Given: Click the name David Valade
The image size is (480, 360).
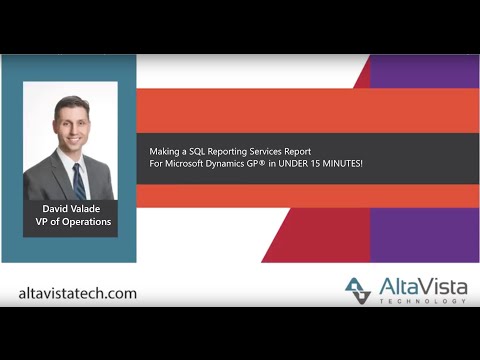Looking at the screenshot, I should coord(71,209).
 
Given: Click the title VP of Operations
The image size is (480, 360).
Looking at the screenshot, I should coord(71,222).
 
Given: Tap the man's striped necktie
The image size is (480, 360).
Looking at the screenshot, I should coord(79,181).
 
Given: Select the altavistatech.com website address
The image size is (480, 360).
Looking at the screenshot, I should coord(78,294).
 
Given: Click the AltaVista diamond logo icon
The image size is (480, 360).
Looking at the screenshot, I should coord(358,290).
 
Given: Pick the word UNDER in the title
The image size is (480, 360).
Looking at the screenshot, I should coord(282,162).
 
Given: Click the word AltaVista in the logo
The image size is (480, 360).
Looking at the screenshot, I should coord(416,285).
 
